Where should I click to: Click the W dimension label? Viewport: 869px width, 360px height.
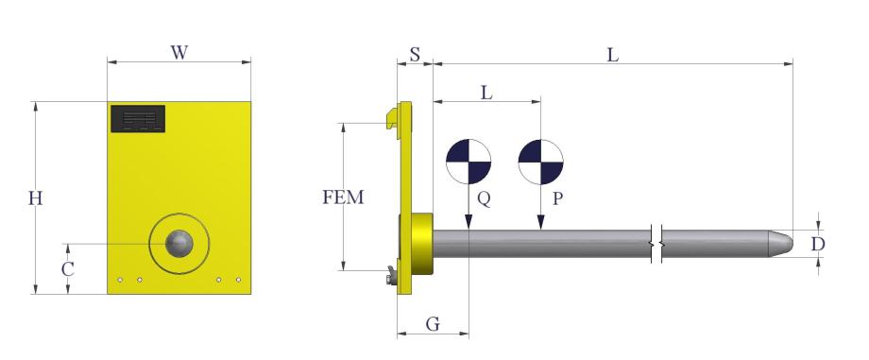179,53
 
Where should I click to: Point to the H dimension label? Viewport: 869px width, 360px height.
36,198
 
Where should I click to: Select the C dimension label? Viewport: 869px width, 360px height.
68,269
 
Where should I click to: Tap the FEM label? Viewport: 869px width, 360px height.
343,197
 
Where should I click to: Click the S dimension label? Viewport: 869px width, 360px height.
415,55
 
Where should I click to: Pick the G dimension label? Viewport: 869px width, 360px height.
433,324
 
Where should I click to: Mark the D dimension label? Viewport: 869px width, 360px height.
818,244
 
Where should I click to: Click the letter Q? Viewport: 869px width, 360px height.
484,198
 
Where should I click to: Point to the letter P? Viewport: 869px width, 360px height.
557,198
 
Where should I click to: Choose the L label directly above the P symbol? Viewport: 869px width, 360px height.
486,93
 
